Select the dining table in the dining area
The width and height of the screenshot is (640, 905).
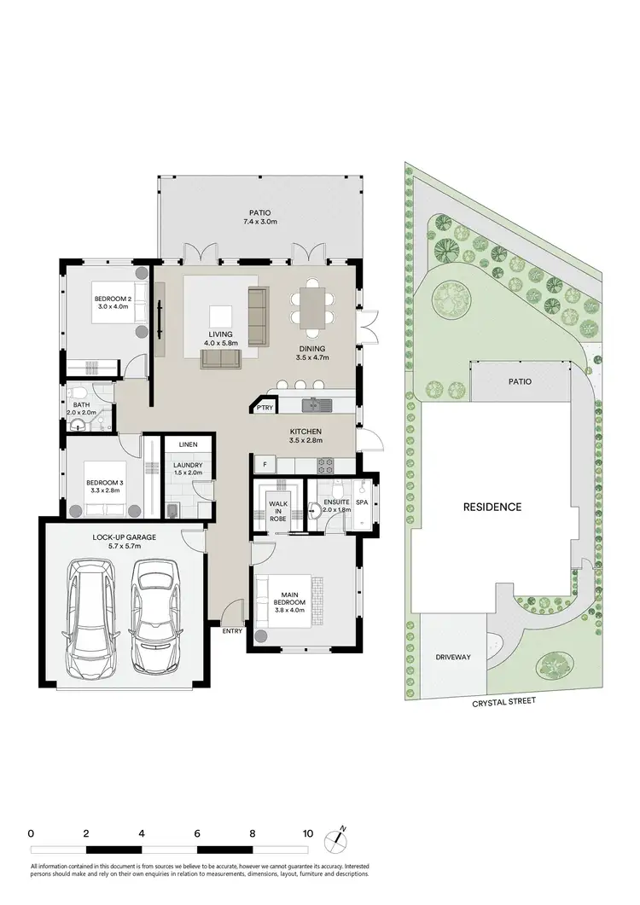(312, 307)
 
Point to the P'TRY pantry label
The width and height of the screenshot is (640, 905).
(265, 409)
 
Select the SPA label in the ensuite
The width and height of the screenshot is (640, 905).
(362, 502)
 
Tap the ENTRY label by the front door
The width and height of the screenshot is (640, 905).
(232, 631)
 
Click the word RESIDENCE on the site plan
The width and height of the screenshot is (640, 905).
(492, 507)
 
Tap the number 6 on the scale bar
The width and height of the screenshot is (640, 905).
(197, 833)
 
